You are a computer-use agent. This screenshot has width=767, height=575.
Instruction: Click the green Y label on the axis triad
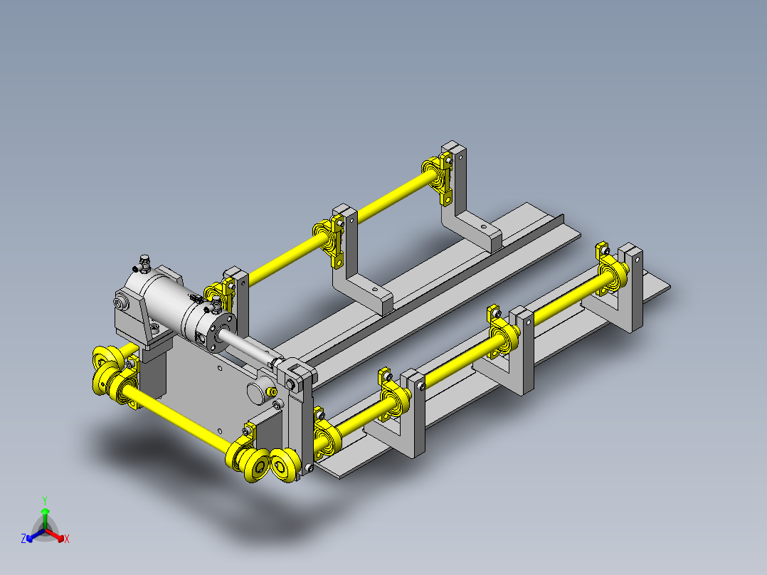click(x=45, y=500)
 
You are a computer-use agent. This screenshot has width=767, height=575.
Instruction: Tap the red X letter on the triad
click(x=67, y=539)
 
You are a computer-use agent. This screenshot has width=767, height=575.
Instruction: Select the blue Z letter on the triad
click(x=23, y=539)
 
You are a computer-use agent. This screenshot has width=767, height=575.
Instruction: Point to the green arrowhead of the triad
click(x=45, y=512)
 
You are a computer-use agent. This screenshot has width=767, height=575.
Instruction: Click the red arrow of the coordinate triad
click(x=55, y=535)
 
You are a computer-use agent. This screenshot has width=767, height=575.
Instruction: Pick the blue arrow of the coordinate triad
click(x=36, y=535)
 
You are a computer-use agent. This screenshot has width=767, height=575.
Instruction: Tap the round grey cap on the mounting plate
click(x=257, y=393)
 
